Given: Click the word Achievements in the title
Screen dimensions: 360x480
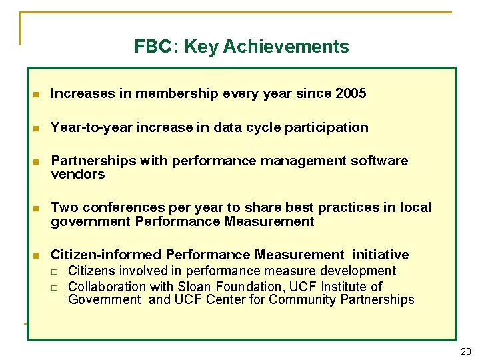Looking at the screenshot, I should [x=286, y=47].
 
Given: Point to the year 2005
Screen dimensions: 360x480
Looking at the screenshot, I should [x=351, y=94].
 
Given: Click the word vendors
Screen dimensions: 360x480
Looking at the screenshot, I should [x=78, y=174].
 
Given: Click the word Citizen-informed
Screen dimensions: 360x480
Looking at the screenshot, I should [x=106, y=255].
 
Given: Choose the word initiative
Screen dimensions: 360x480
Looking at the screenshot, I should [x=381, y=255].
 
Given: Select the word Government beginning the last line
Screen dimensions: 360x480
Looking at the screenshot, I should [x=105, y=300].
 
